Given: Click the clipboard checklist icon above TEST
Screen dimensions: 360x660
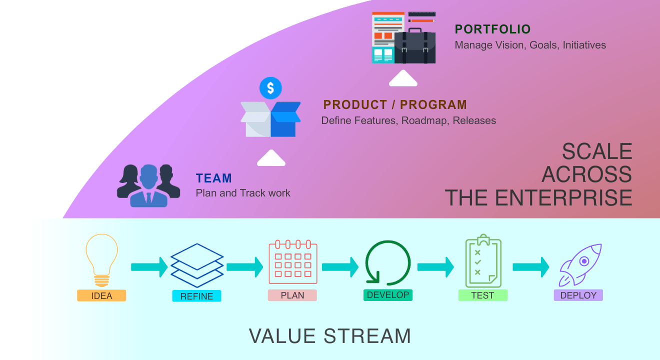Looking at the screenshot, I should tap(483, 261).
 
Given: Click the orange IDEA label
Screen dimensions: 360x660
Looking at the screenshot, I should tap(101, 295).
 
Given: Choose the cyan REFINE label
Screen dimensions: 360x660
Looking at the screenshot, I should tap(196, 296).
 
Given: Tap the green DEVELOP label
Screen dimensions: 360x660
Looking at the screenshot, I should tap(388, 295).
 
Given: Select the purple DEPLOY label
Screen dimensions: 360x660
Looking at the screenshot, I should tap(578, 295).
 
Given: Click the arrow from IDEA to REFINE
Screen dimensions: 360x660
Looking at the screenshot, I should tap(149, 267).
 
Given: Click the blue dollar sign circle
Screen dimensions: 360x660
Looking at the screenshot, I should tap(270, 88).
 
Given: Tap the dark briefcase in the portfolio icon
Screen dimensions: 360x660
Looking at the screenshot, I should tap(415, 47).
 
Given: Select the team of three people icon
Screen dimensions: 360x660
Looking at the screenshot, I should tap(148, 185).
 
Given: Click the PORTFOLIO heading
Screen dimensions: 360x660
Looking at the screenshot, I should tap(492, 29).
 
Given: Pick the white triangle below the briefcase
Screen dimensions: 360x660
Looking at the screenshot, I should tap(403, 79).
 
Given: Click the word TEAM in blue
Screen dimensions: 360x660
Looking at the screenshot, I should tap(214, 178).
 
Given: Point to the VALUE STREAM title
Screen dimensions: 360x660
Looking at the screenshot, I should tap(330, 336).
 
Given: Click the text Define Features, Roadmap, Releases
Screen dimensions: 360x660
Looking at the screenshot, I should tap(408, 120).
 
